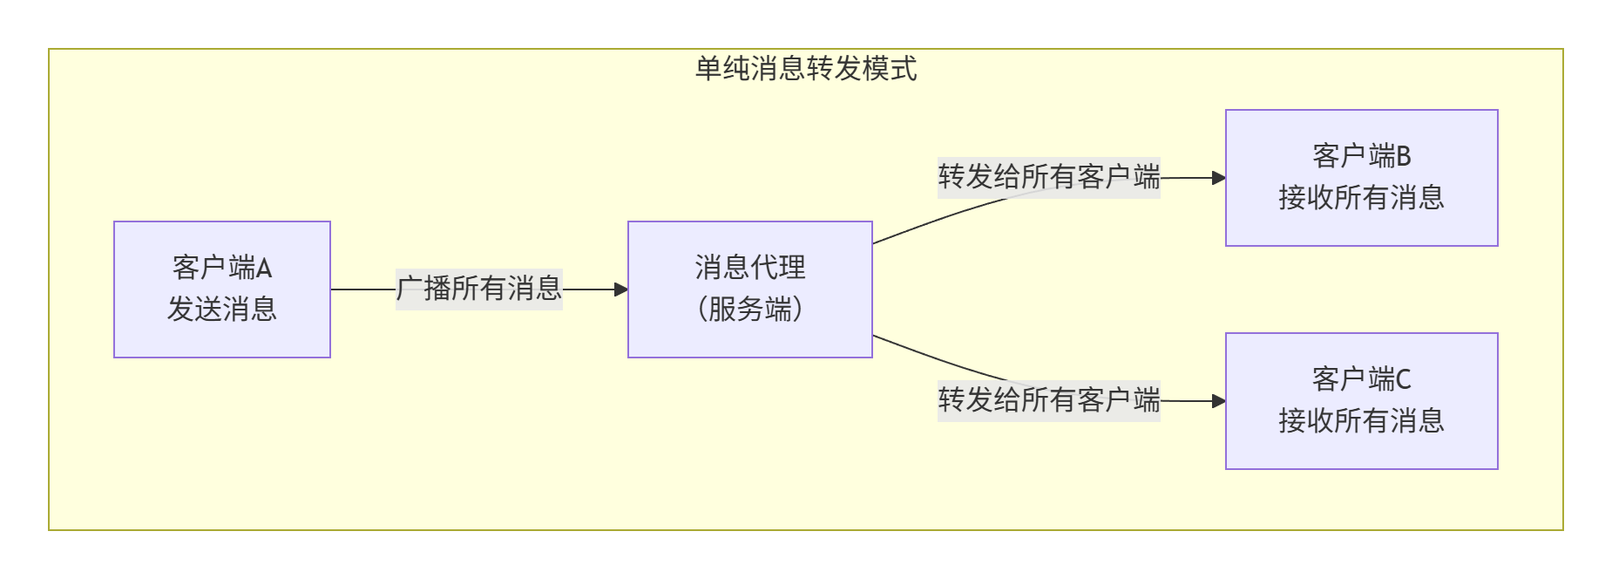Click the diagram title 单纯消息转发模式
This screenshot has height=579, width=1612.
click(806, 68)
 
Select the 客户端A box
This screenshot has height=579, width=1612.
click(222, 289)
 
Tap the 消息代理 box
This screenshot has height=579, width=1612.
click(750, 289)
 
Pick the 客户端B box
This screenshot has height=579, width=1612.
click(1361, 178)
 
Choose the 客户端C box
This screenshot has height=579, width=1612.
click(1361, 401)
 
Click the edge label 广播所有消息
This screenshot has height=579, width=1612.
click(479, 289)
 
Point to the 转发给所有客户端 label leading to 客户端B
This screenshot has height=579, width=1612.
click(1049, 177)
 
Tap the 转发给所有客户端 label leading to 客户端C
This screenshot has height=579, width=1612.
click(1049, 400)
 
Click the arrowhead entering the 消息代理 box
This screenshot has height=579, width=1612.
click(621, 289)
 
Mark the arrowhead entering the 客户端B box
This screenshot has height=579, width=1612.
click(1219, 178)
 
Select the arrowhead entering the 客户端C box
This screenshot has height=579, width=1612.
click(1219, 401)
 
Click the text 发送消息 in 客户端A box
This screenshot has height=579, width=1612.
click(222, 309)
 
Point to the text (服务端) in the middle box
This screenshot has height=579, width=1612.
click(750, 309)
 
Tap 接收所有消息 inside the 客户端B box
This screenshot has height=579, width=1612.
click(1361, 198)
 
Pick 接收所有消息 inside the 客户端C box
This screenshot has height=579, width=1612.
click(1361, 421)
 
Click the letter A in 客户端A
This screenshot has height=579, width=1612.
click(264, 268)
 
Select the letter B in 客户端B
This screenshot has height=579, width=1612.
click(1403, 156)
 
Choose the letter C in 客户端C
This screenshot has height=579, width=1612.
click(1403, 379)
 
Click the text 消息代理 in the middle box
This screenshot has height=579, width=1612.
click(750, 268)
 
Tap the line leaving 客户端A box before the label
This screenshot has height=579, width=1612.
click(362, 289)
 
